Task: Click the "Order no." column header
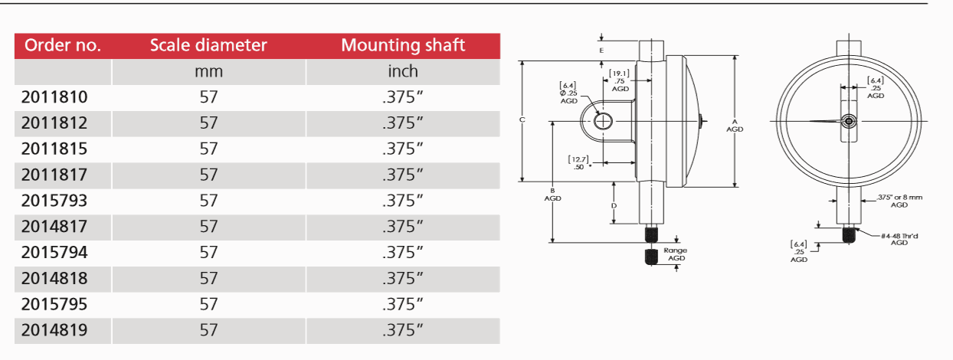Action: (63, 45)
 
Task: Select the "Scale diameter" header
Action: (208, 45)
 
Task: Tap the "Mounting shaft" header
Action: (403, 45)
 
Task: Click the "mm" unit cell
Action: (208, 71)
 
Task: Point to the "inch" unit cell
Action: (403, 71)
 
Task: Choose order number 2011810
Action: (54, 97)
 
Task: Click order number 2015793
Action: (54, 201)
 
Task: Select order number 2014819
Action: (54, 330)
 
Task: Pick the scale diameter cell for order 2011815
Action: (208, 149)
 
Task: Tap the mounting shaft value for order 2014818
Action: (403, 278)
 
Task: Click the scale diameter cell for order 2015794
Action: (208, 252)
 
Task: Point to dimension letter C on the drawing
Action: (521, 120)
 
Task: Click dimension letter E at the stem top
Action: (602, 50)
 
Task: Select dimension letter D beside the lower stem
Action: (614, 206)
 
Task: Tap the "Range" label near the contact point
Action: (676, 250)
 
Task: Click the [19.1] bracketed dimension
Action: (620, 74)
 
